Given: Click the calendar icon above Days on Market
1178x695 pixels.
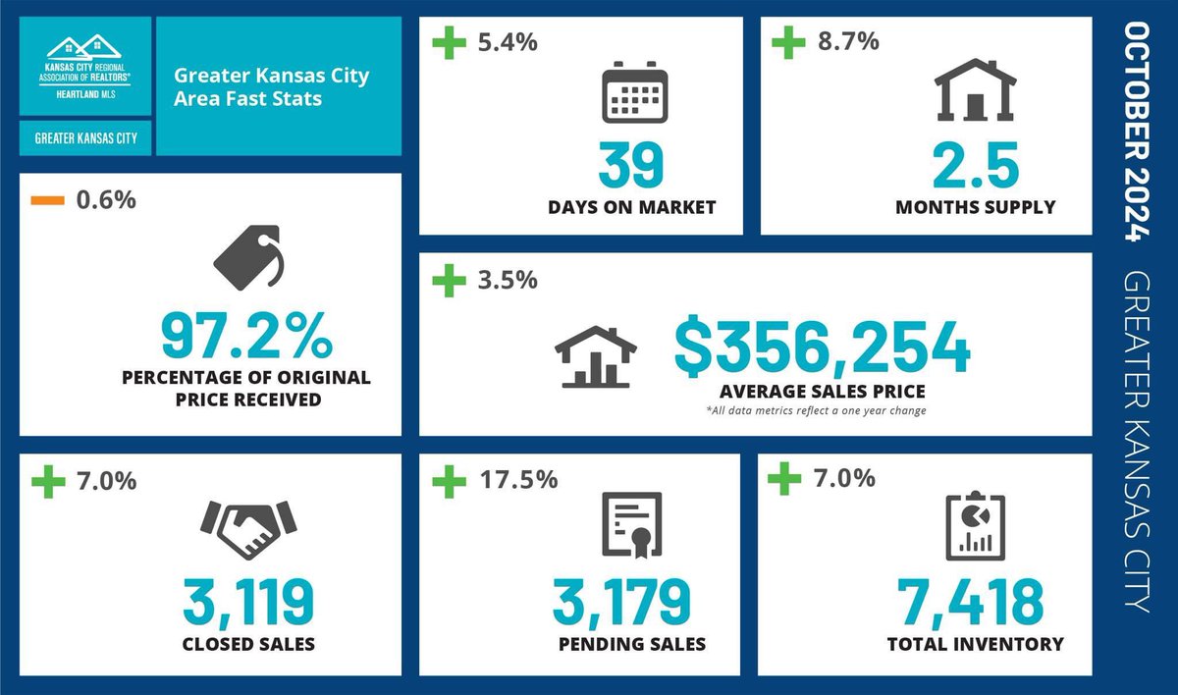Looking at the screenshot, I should [x=634, y=93].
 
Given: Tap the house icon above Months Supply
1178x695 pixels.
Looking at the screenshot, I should [x=975, y=90].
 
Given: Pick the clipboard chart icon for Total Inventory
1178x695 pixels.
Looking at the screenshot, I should [x=975, y=526].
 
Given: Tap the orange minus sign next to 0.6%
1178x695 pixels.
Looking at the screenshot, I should [x=48, y=201].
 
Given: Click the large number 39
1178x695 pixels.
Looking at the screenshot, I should [x=632, y=164].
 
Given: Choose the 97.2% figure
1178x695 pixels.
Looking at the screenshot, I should [x=247, y=336].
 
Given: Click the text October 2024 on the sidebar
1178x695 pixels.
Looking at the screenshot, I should [x=1136, y=133].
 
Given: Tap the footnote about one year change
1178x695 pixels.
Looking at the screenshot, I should [x=815, y=409].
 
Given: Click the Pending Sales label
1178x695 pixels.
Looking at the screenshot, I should [x=631, y=645].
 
